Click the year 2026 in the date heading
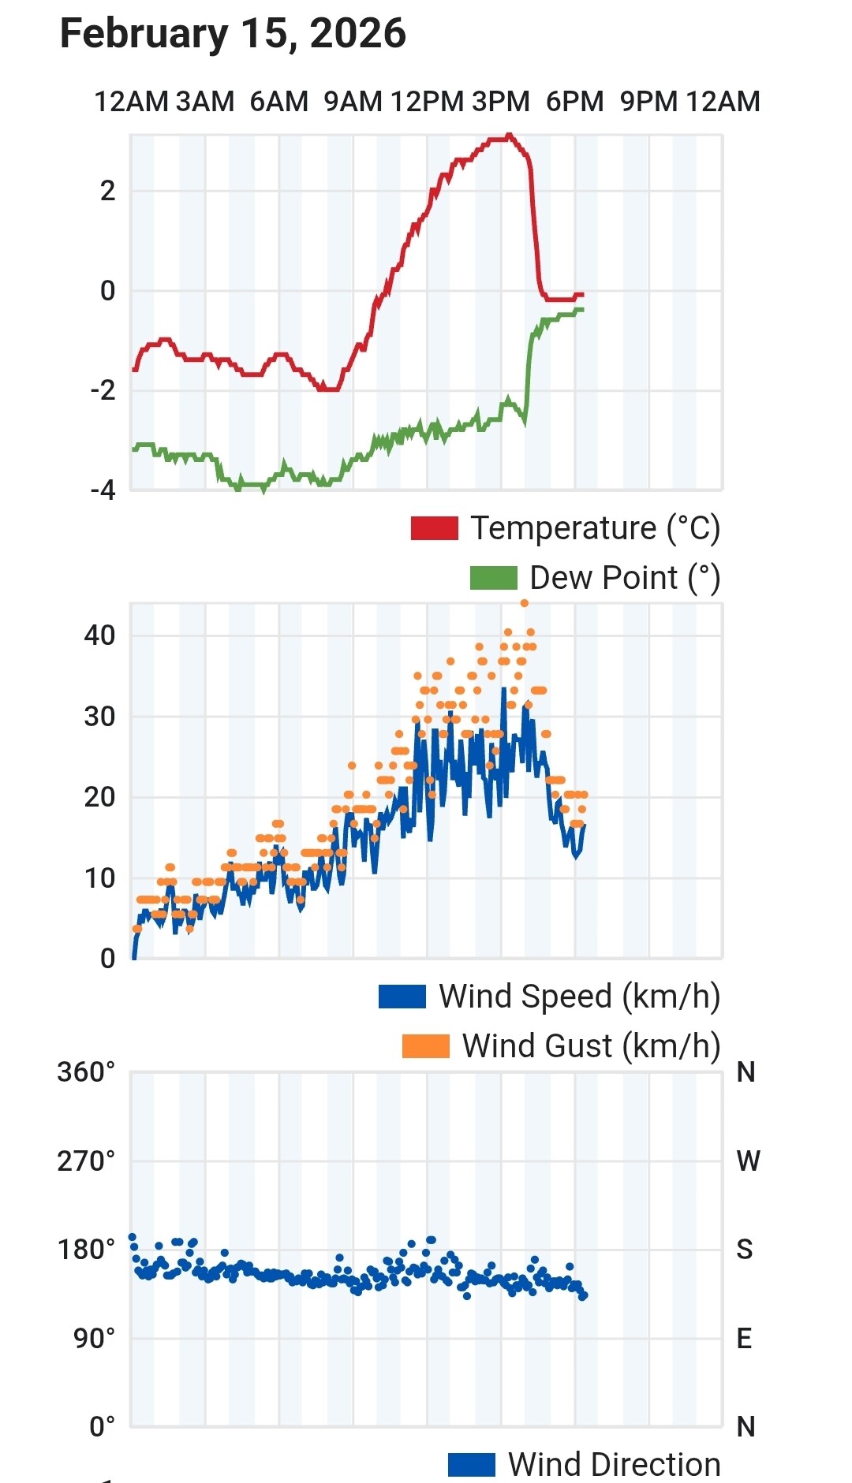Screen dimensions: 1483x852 pyautogui.click(x=357, y=34)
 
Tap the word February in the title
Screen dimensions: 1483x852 pyautogui.click(x=144, y=34)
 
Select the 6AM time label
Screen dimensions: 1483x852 pyautogui.click(x=278, y=102)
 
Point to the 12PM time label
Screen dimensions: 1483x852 pyautogui.click(x=427, y=102)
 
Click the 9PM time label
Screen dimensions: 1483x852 pyautogui.click(x=648, y=102)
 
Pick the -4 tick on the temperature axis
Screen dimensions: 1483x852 pyautogui.click(x=103, y=490)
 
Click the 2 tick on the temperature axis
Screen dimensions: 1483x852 pyautogui.click(x=108, y=191)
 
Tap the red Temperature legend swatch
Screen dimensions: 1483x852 pyautogui.click(x=434, y=528)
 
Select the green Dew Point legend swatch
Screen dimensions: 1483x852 pyautogui.click(x=493, y=578)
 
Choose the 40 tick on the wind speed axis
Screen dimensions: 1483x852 pyautogui.click(x=99, y=635)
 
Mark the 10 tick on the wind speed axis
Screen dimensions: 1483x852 pyautogui.click(x=99, y=878)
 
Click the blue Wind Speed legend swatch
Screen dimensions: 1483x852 pyautogui.click(x=402, y=997)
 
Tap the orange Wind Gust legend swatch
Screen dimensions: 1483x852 pyautogui.click(x=425, y=1046)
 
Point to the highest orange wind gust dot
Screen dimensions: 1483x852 pyautogui.click(x=525, y=604)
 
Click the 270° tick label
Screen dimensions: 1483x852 pyautogui.click(x=86, y=1161)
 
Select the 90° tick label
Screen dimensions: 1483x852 pyautogui.click(x=94, y=1339)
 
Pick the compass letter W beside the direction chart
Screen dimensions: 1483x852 pyautogui.click(x=748, y=1161)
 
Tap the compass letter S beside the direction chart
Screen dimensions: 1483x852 pyautogui.click(x=745, y=1250)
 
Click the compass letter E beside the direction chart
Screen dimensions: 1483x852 pyautogui.click(x=744, y=1339)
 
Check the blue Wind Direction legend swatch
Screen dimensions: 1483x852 pyautogui.click(x=471, y=1465)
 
